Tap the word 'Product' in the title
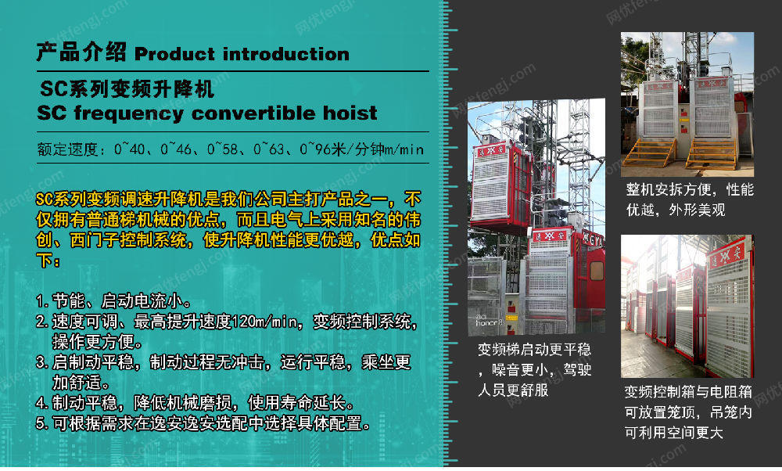pyautogui.click(x=175, y=54)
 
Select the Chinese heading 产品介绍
pyautogui.click(x=81, y=52)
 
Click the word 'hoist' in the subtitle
pyautogui.click(x=350, y=113)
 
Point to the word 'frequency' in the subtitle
pyautogui.click(x=129, y=113)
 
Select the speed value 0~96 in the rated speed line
pyautogui.click(x=314, y=149)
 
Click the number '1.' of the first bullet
pyautogui.click(x=42, y=301)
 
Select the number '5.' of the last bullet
pyautogui.click(x=42, y=423)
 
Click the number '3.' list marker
pyautogui.click(x=42, y=362)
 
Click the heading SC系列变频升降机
pyautogui.click(x=127, y=89)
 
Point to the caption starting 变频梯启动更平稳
pyautogui.click(x=535, y=369)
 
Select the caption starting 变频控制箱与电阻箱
pyautogui.click(x=688, y=412)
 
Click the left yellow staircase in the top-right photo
pyautogui.click(x=649, y=153)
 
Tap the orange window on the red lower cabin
pyautogui.click(x=596, y=271)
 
